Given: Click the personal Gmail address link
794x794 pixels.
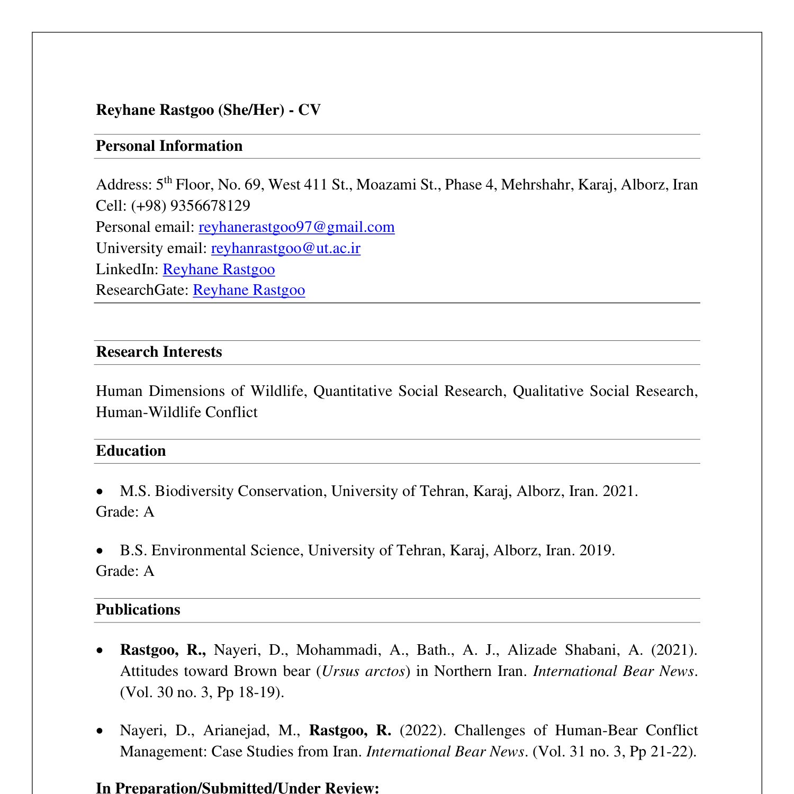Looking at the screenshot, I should tap(296, 227).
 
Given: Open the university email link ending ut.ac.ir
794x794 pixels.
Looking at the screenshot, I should tap(285, 248).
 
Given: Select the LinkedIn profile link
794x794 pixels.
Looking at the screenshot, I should tap(219, 269).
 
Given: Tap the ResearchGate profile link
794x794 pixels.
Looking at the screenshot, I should tap(249, 290).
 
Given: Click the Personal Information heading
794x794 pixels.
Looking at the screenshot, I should tap(169, 146).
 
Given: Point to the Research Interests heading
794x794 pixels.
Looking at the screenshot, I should tap(159, 352).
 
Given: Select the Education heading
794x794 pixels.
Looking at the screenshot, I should tap(131, 451).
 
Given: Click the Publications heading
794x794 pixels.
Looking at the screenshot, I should tap(138, 610).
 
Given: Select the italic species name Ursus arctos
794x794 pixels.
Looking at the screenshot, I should tap(363, 671).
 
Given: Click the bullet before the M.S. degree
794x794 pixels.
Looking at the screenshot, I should tap(101, 492).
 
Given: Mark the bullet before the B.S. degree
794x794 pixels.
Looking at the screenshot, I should tap(101, 552).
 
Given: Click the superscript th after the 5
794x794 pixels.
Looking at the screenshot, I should tap(168, 180).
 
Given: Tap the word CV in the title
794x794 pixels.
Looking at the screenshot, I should tap(310, 110).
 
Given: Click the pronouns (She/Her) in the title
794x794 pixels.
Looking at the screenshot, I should tap(251, 110).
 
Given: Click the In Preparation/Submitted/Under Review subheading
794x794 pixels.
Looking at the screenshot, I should tap(237, 788).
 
